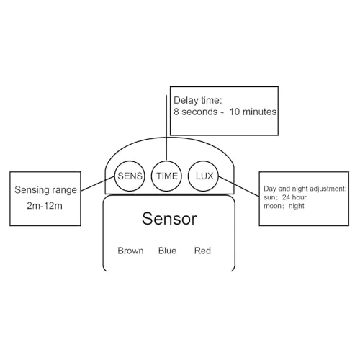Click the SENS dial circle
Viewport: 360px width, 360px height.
pyautogui.click(x=114, y=176)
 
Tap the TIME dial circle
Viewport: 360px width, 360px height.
pyautogui.click(x=152, y=176)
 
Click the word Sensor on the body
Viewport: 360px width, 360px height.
pyautogui.click(x=169, y=219)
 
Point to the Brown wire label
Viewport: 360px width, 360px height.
pyautogui.click(x=130, y=251)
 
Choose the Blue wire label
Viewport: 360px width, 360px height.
pyautogui.click(x=167, y=251)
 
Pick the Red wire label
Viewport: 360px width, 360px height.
pyautogui.click(x=202, y=251)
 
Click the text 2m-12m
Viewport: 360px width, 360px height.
pyautogui.click(x=45, y=206)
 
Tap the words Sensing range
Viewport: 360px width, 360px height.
pyautogui.click(x=45, y=190)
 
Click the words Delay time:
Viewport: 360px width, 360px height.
pyautogui.click(x=198, y=100)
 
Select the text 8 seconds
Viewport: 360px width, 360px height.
pyautogui.click(x=196, y=112)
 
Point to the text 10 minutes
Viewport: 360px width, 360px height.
pyautogui.click(x=253, y=112)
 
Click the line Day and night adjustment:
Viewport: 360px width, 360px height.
pyautogui.click(x=305, y=189)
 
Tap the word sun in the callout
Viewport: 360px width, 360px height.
pyautogui.click(x=269, y=198)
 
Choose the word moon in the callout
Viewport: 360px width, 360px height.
pyautogui.click(x=272, y=206)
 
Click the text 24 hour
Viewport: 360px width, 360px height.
pyautogui.click(x=294, y=197)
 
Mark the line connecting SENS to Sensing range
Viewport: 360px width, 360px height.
pyautogui.click(x=98, y=184)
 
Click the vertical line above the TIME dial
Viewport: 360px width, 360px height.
pyautogui.click(x=166, y=127)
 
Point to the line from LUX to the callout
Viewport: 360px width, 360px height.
pyautogui.click(x=239, y=186)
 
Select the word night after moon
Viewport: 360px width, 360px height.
pyautogui.click(x=297, y=206)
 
